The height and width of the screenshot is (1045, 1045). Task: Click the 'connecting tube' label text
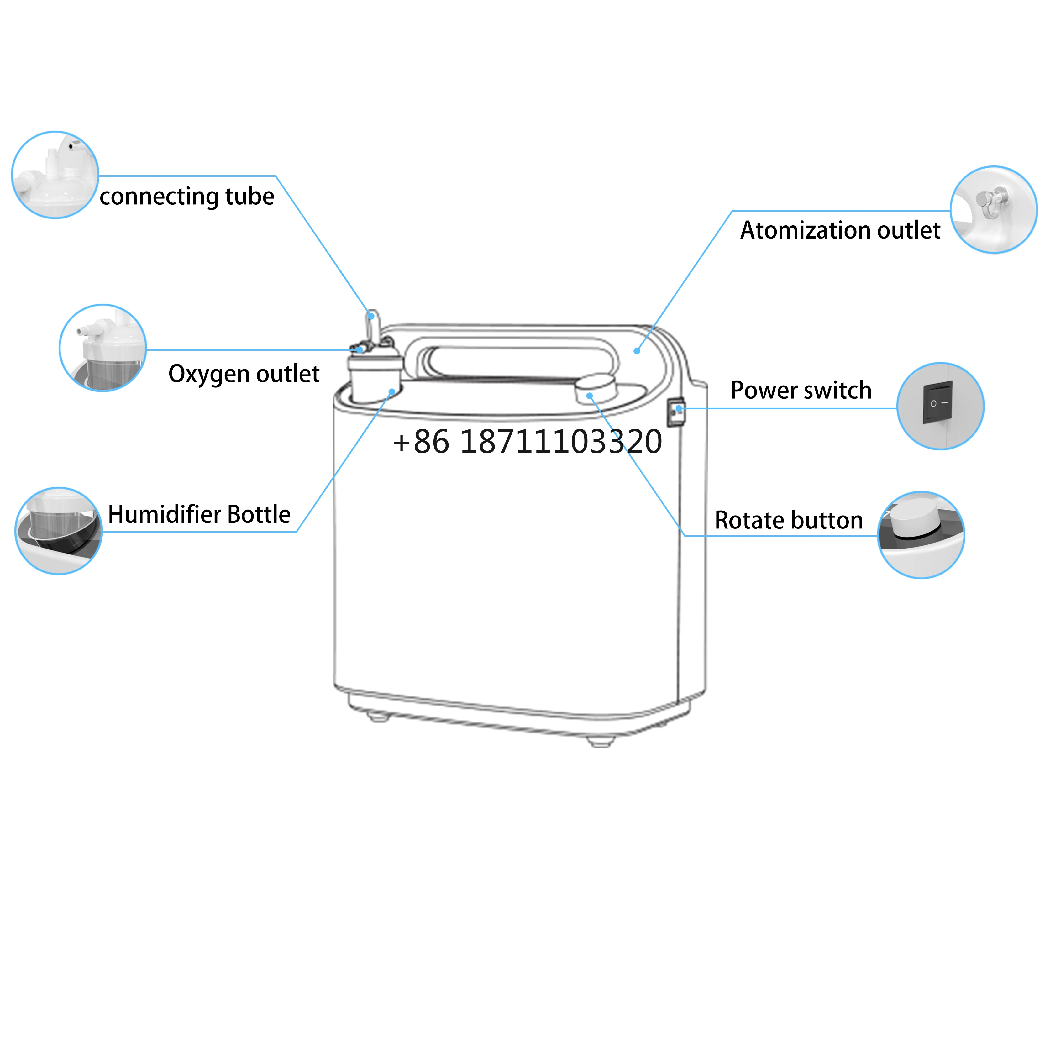click(x=186, y=196)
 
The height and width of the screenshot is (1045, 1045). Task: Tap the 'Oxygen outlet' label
click(x=244, y=374)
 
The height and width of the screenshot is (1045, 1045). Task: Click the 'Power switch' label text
click(x=801, y=390)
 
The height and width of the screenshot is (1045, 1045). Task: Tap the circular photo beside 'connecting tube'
click(x=55, y=175)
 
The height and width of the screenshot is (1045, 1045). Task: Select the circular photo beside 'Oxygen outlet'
click(x=103, y=348)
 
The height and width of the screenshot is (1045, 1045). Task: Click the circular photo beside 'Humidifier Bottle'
click(x=58, y=531)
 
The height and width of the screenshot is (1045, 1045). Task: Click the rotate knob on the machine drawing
click(x=595, y=387)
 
